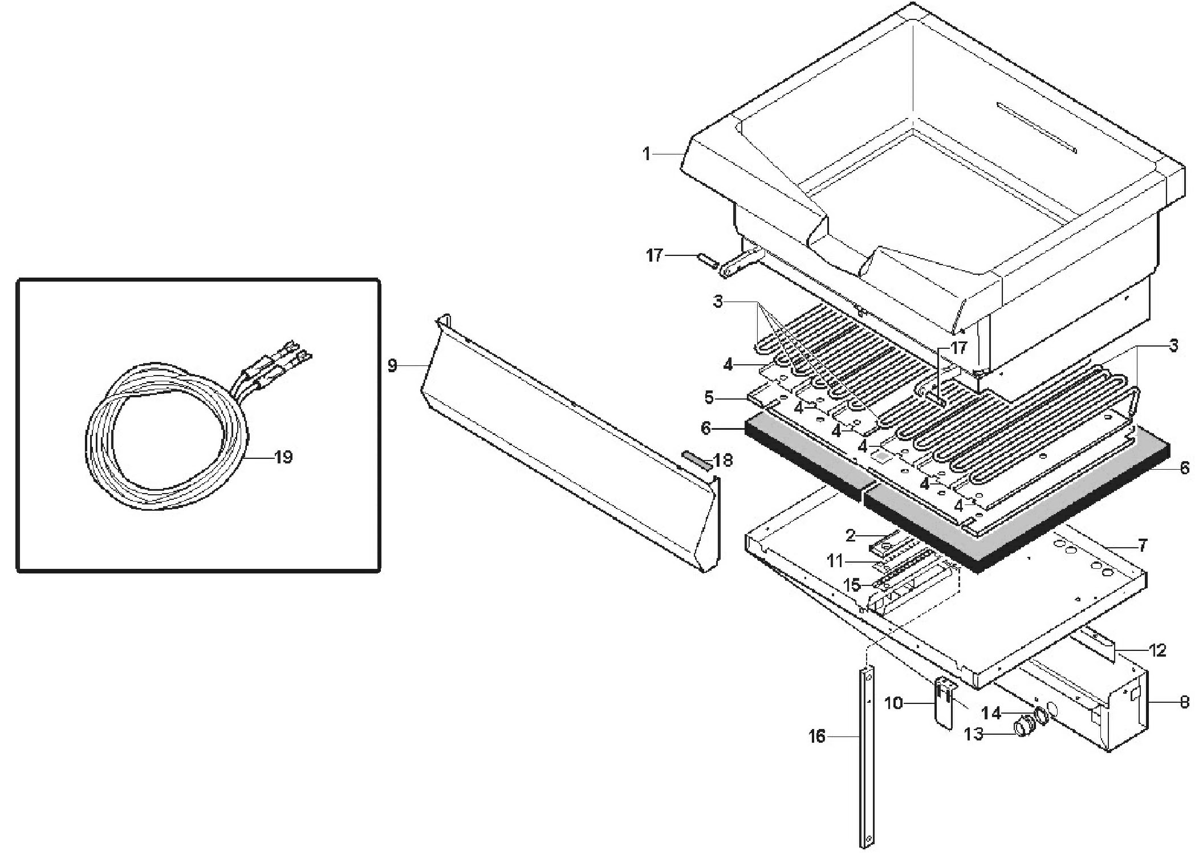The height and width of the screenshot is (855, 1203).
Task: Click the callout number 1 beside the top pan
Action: tap(647, 154)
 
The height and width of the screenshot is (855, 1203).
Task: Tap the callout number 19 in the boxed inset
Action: tap(283, 457)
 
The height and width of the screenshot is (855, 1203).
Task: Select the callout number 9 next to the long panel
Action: tap(392, 365)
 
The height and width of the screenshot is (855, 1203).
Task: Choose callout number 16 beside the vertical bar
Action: tap(817, 737)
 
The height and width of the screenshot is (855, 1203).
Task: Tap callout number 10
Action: tap(894, 703)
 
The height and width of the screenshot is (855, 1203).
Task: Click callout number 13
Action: tap(974, 734)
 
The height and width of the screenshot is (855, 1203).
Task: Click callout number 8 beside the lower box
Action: tap(1185, 702)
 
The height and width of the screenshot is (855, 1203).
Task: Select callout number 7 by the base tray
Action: tap(1143, 545)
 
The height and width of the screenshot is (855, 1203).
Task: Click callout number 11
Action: tap(835, 561)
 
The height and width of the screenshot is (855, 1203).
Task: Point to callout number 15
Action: tap(853, 585)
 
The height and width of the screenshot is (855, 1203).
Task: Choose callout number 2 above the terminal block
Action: tap(851, 535)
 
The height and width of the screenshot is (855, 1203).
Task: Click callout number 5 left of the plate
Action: tap(709, 397)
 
